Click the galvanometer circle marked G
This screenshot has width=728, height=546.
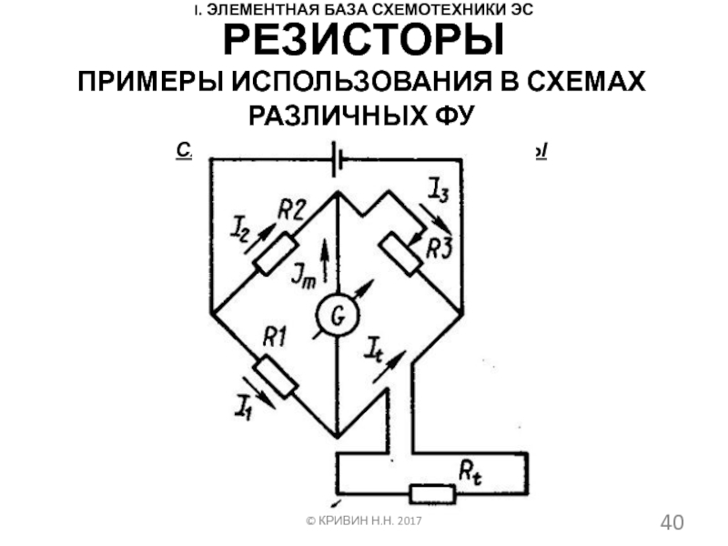(337, 317)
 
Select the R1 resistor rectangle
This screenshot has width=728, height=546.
(276, 377)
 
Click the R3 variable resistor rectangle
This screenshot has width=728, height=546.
(400, 254)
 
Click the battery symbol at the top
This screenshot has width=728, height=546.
(337, 157)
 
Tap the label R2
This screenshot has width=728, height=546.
(292, 211)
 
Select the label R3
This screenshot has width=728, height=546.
(440, 247)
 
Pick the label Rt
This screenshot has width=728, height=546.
(471, 471)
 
